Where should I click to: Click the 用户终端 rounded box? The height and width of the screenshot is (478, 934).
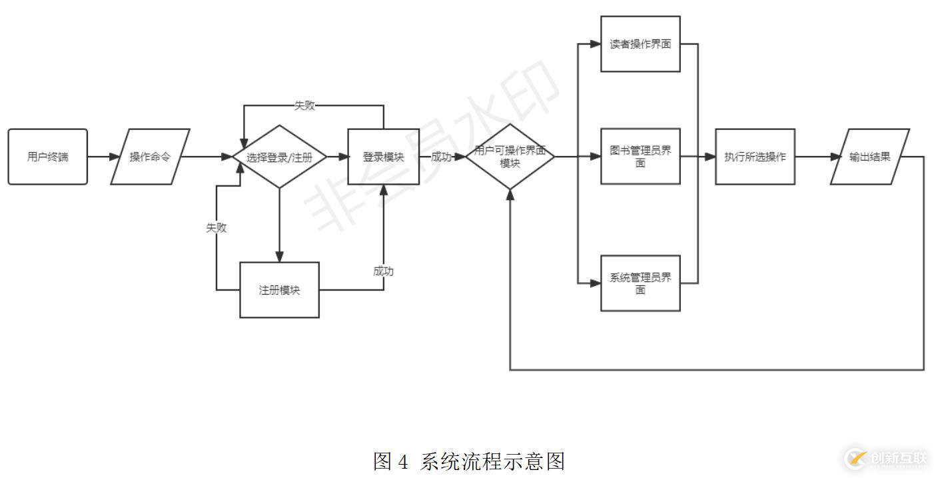point(47,157)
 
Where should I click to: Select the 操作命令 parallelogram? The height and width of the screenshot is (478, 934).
point(150,157)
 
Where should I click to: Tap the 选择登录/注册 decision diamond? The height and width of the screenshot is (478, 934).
point(279,157)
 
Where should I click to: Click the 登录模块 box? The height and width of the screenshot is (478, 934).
point(383,157)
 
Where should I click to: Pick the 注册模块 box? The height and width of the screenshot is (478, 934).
point(279,290)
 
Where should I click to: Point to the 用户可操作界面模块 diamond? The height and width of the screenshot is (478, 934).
point(510,157)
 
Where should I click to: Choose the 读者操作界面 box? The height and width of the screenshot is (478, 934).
point(640,44)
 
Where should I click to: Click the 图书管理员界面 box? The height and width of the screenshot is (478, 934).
point(640,157)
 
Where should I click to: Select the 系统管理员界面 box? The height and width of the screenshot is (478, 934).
point(640,283)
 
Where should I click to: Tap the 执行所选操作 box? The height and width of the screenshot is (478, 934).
point(755,157)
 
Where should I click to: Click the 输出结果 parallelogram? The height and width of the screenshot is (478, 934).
point(869,157)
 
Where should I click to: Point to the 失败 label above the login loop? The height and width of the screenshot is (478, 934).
point(304,105)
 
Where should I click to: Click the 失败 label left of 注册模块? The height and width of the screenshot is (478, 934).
point(216,227)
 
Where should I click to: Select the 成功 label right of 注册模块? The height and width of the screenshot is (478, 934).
point(383,271)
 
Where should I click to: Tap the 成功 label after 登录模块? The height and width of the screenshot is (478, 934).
point(441,157)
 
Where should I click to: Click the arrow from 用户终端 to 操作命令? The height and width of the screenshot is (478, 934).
point(99,157)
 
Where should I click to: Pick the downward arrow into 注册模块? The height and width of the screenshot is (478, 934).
point(279,227)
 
